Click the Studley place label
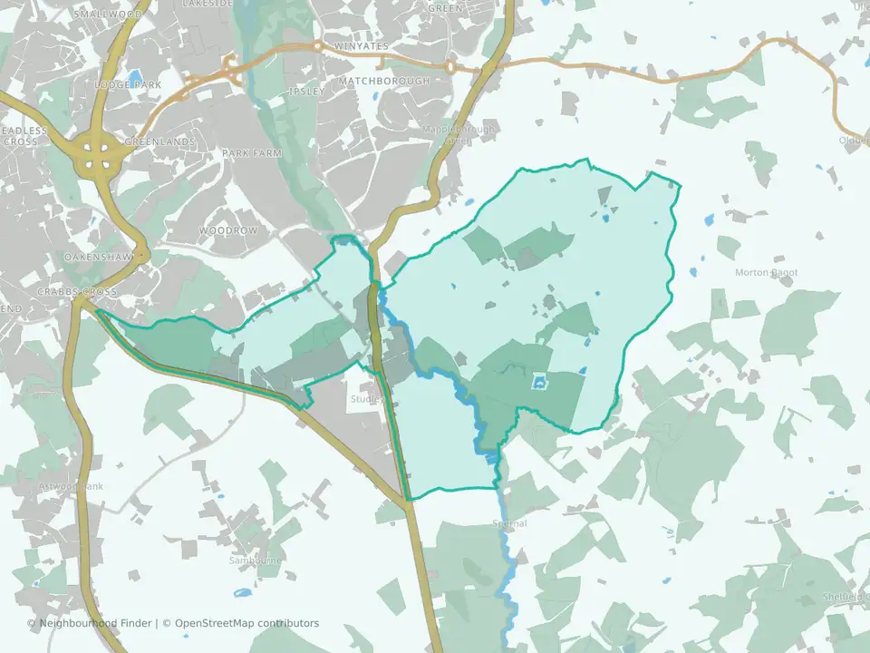coord(368,399)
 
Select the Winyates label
coord(362,45)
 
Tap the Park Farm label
coord(252,153)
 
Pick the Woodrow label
coord(228,230)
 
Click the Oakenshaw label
coord(99,258)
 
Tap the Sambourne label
coord(256,560)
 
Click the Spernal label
coord(509,523)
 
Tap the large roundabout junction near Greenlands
coord(97,152)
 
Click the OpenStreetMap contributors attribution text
coord(246,623)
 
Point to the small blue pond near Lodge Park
coord(136,76)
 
